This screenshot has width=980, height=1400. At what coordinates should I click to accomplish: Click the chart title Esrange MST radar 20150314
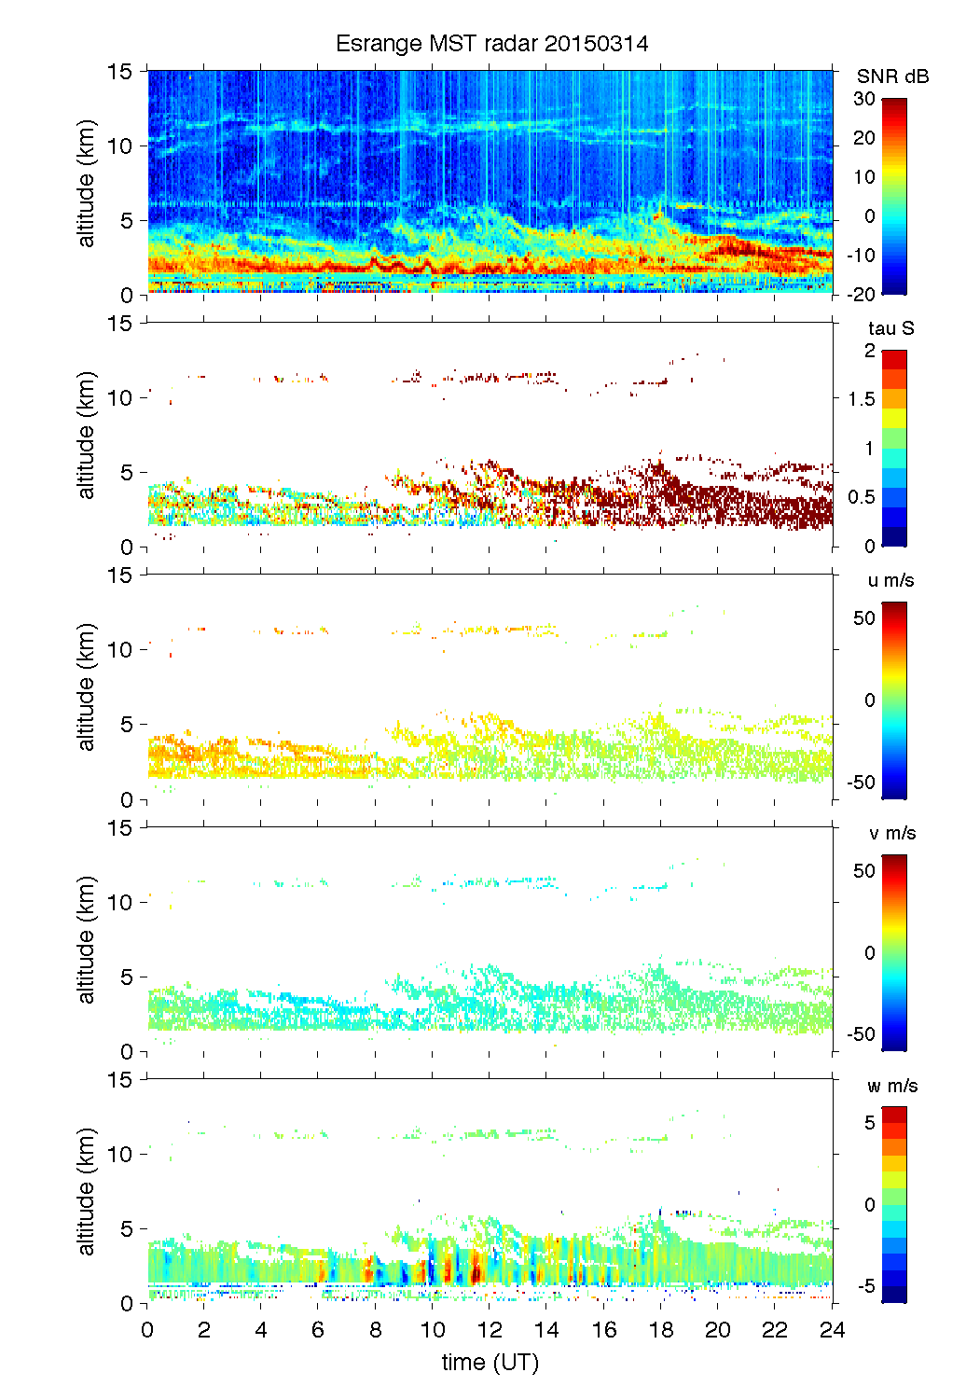point(491,44)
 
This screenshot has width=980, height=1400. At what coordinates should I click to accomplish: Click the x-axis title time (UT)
point(490,1363)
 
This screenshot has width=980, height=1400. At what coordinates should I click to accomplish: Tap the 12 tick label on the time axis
point(490,1330)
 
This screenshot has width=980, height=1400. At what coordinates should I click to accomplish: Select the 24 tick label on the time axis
point(832,1330)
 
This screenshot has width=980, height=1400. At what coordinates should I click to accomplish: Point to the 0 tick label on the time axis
point(147,1330)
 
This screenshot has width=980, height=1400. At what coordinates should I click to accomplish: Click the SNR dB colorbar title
point(892,76)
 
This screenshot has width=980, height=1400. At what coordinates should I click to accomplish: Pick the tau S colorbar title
point(890,328)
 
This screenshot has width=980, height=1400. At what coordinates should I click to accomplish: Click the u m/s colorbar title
point(890,580)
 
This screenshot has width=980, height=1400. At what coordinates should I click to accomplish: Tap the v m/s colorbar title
point(891,833)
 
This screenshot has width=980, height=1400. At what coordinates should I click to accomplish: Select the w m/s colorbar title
point(892,1086)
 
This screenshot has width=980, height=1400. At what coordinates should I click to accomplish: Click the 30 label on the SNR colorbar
point(864,99)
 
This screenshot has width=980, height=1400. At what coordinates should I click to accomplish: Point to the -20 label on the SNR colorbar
point(862,295)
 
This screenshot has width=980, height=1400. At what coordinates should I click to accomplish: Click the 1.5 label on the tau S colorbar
point(862,399)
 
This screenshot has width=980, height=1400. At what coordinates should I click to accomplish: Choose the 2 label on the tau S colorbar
point(870,351)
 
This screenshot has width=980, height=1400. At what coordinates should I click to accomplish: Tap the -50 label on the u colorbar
point(862,783)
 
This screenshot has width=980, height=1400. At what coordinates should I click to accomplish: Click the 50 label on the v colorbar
point(864,871)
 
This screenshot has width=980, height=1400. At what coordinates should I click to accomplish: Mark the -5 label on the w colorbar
point(866,1287)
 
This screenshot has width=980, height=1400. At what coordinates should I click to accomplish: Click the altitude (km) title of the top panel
point(87,183)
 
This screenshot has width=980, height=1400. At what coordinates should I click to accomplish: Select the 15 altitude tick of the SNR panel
point(120,71)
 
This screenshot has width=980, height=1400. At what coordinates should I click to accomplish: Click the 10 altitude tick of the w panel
point(120,1155)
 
